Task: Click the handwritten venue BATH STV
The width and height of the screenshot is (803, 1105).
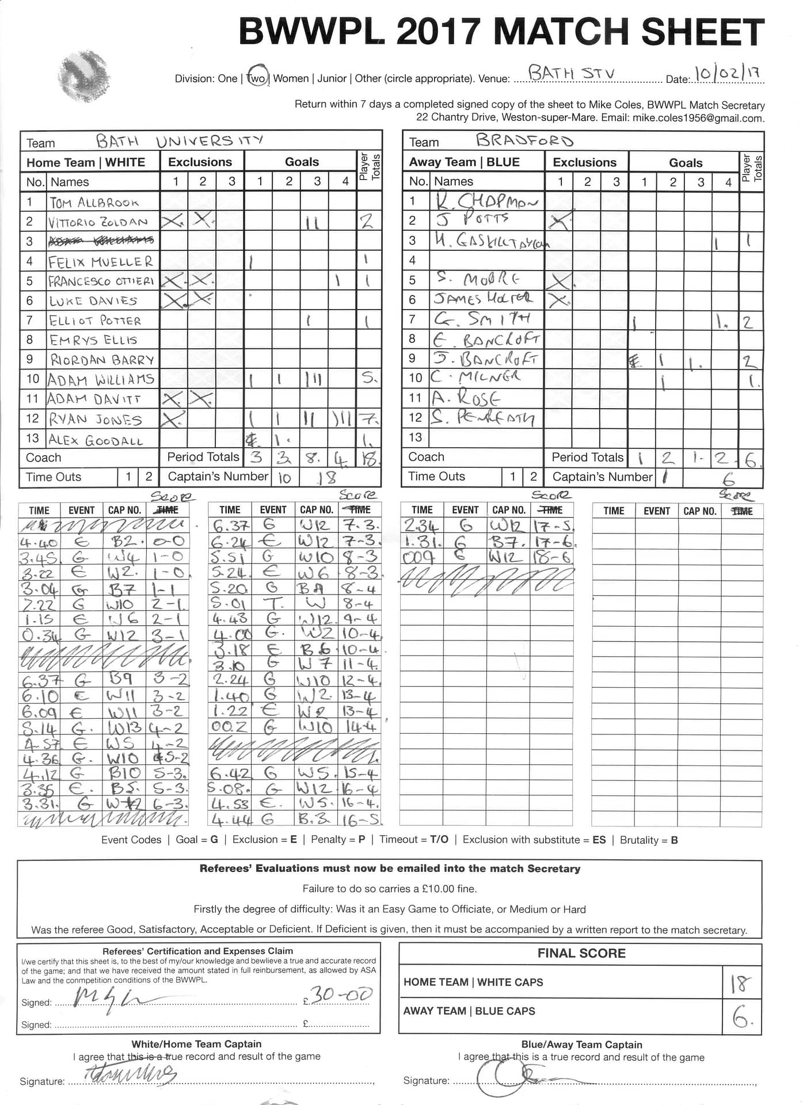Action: (x=571, y=74)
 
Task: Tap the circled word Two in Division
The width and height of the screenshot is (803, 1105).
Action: (x=256, y=78)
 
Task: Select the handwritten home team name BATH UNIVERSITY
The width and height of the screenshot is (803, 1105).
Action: (x=179, y=141)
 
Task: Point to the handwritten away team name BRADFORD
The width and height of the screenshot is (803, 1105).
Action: (x=524, y=140)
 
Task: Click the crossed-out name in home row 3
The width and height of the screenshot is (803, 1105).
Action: (x=102, y=241)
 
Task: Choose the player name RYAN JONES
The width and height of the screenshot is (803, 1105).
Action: (x=95, y=419)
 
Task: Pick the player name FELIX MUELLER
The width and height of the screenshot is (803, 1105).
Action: (x=100, y=262)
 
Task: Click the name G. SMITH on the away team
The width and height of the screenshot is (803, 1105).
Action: (x=482, y=319)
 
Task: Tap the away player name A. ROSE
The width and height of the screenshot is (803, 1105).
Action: (x=466, y=397)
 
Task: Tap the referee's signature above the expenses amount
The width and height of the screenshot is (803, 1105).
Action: (x=112, y=997)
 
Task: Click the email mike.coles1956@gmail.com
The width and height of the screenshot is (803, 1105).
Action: (x=698, y=118)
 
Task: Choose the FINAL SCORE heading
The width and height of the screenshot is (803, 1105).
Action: (x=581, y=953)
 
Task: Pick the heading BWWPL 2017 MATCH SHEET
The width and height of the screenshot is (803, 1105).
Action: (x=501, y=32)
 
